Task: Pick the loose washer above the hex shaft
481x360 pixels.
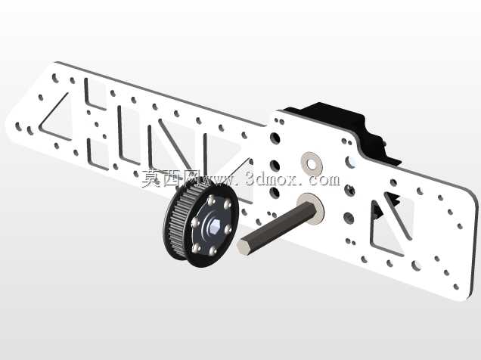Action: (x=311, y=164)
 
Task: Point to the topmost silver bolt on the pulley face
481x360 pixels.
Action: (x=210, y=201)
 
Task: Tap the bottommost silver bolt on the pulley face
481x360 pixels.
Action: (x=213, y=252)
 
